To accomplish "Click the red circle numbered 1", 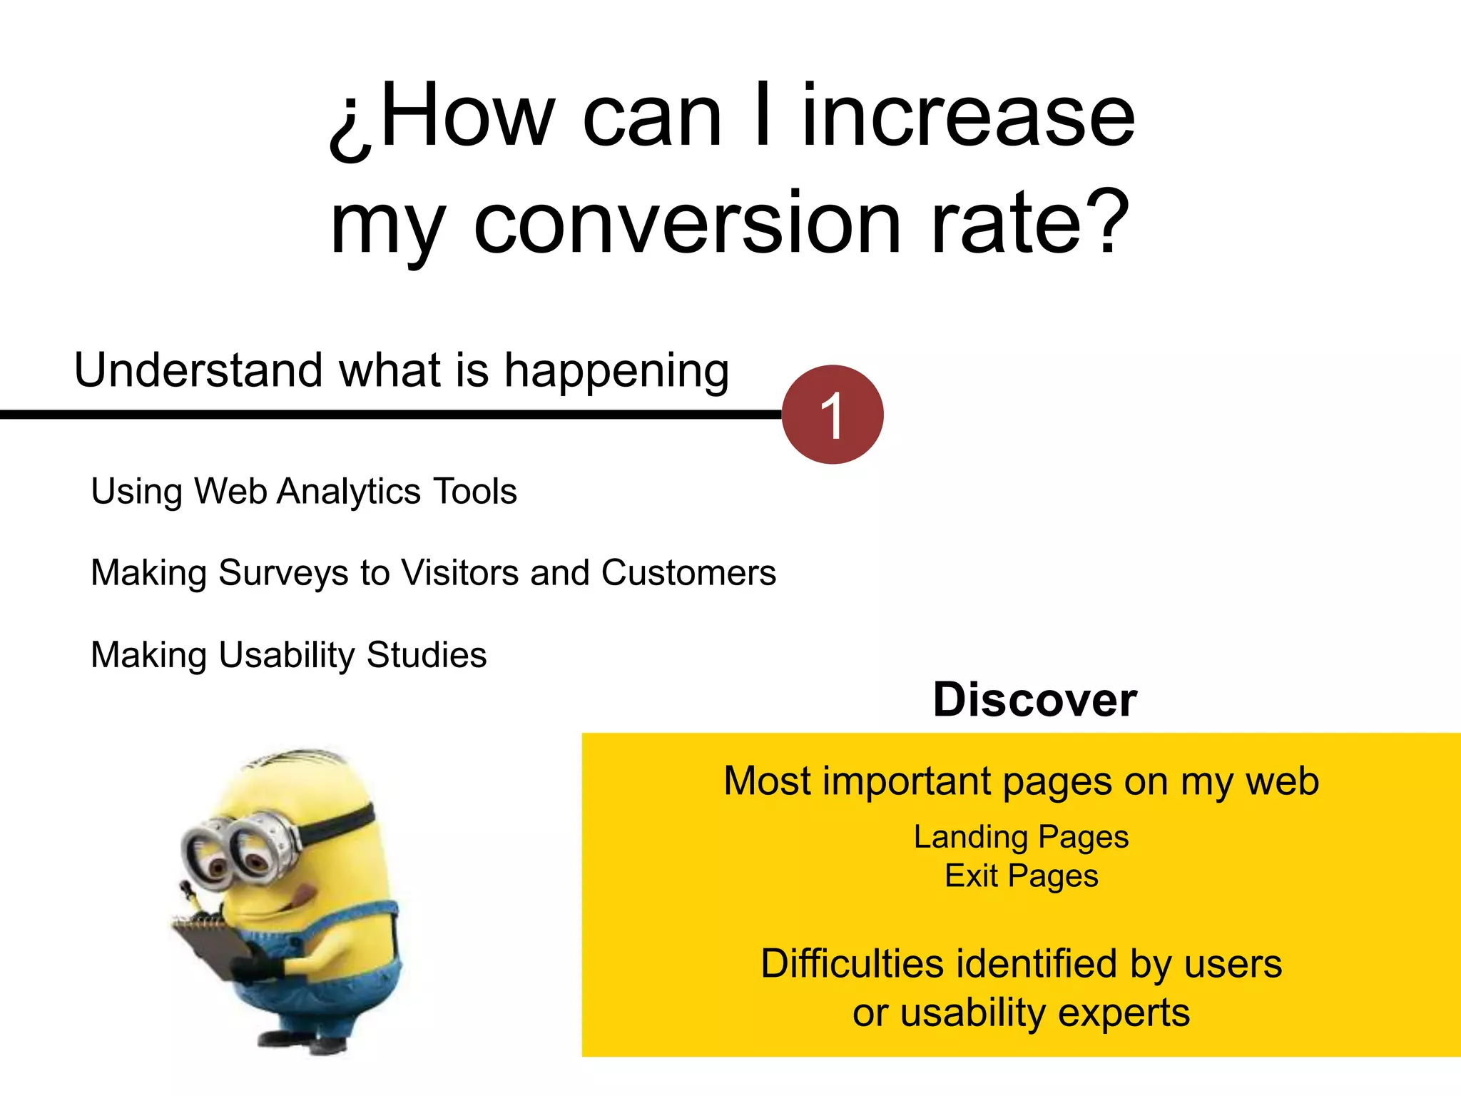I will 833,415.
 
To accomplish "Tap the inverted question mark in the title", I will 351,121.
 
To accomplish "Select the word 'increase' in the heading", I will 968,116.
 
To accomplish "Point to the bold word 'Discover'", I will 1034,700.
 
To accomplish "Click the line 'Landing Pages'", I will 1021,837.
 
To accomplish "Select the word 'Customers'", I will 688,573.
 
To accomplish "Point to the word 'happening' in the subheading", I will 616,372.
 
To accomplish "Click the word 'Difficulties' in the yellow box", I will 852,964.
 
